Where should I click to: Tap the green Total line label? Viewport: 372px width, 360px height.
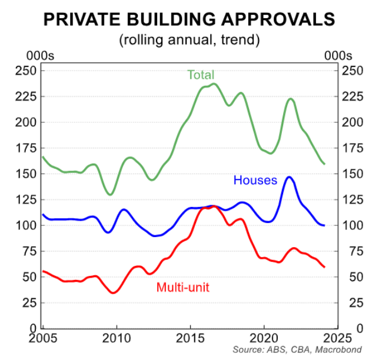coord(201,75)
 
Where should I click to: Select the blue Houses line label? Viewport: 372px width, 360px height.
coord(255,180)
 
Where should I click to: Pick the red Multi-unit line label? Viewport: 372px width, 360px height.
coord(183,288)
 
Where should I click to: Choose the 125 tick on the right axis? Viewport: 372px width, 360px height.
coord(351,200)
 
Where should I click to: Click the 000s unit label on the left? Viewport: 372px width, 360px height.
coord(40,56)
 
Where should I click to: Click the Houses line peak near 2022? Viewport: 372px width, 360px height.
coord(289,176)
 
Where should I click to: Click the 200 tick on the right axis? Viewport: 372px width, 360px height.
coord(351,123)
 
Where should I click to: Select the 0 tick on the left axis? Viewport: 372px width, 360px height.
coord(35,328)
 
